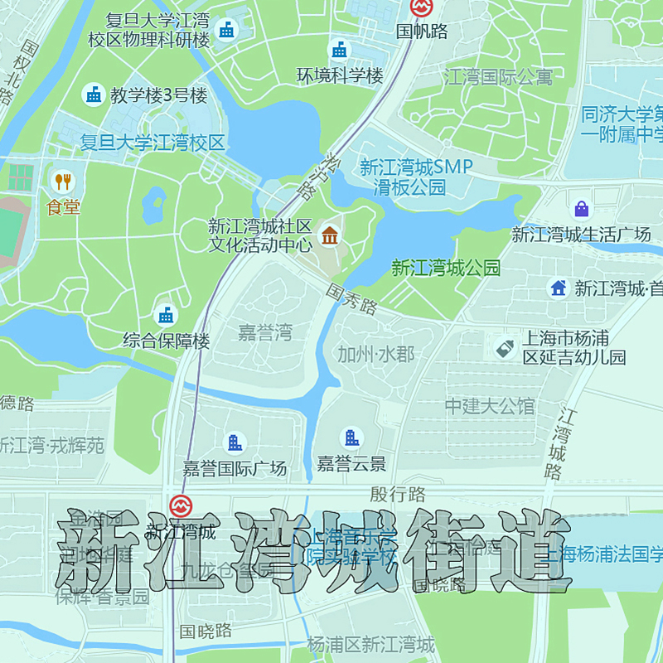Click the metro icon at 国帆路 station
tap(422, 7)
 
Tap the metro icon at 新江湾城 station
tap(180, 506)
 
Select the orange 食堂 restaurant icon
tap(63, 181)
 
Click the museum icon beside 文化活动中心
tap(330, 235)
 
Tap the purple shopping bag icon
tap(582, 208)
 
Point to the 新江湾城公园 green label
tap(446, 268)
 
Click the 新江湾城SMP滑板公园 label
tap(415, 177)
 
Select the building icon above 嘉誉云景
tap(351, 438)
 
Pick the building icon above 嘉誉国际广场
tap(235, 443)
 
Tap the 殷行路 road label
tap(398, 495)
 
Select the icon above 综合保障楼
tap(167, 315)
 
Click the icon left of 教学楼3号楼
tap(94, 95)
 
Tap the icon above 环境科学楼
tap(340, 51)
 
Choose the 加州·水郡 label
tap(375, 354)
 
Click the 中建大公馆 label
tap(490, 406)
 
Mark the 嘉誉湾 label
tap(265, 333)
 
